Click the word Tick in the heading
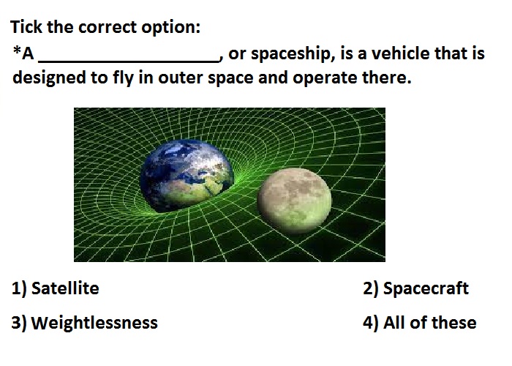26,26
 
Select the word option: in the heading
170,28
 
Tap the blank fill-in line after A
129,61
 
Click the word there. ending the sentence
387,78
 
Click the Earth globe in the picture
187,176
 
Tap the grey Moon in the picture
294,201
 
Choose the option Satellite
65,288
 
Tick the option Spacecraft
426,288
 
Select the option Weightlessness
94,323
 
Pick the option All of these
430,323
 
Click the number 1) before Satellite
18,289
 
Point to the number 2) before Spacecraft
370,289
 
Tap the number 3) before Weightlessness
18,324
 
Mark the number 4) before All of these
370,324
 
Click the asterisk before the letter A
17,50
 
